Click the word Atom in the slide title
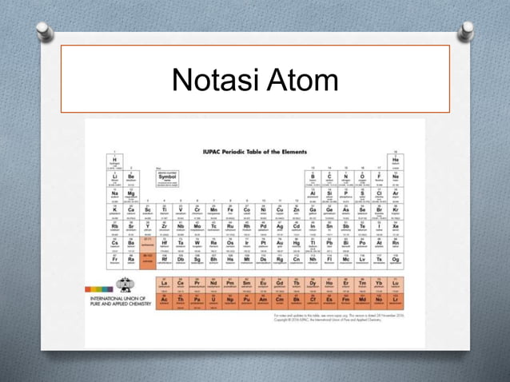(301, 82)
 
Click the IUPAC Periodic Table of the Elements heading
(256, 151)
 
